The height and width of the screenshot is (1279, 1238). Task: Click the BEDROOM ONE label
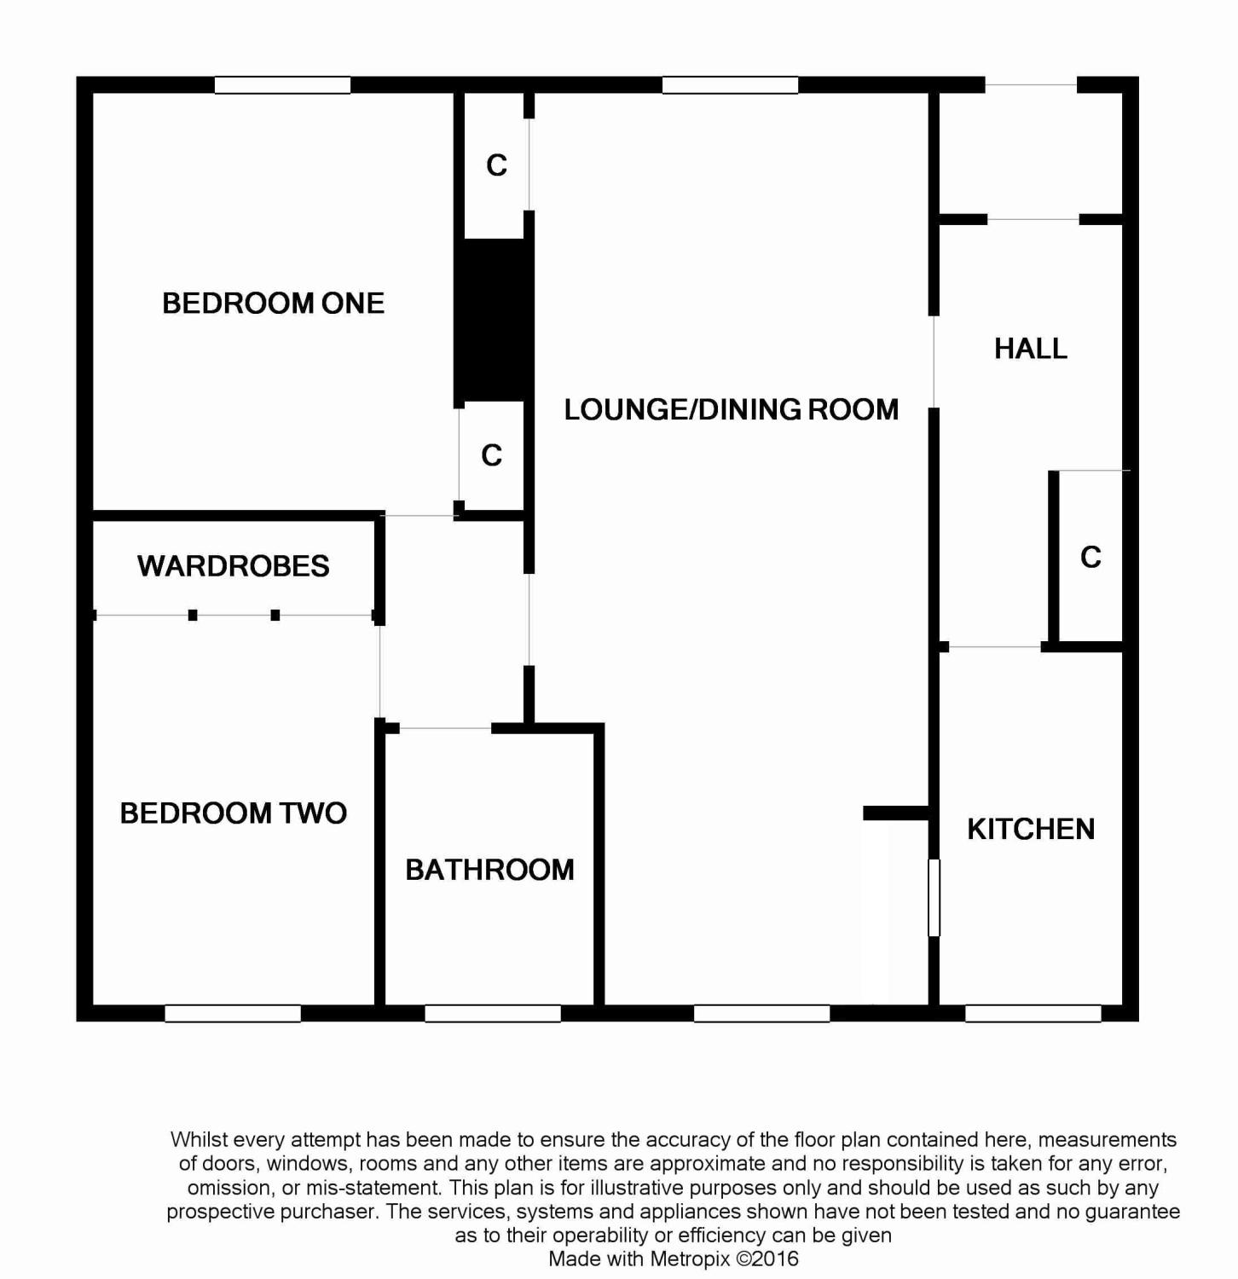pyautogui.click(x=273, y=303)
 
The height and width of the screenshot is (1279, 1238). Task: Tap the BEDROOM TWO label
pyautogui.click(x=233, y=813)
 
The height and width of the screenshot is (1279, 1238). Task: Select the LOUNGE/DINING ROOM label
pyautogui.click(x=731, y=409)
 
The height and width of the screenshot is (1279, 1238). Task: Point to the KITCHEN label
pyautogui.click(x=1031, y=829)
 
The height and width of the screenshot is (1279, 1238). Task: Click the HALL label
pyautogui.click(x=1031, y=348)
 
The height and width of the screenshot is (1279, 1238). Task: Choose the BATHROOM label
pyautogui.click(x=489, y=870)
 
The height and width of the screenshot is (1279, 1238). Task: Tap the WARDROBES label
pyautogui.click(x=233, y=566)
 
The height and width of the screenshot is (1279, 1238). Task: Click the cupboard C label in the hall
pyautogui.click(x=1090, y=557)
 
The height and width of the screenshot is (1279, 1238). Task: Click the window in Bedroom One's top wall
pyautogui.click(x=282, y=84)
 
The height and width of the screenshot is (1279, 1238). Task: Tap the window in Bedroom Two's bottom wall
pyautogui.click(x=233, y=1013)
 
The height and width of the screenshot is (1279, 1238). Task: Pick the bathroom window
pyautogui.click(x=493, y=1013)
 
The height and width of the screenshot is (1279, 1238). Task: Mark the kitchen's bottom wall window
pyautogui.click(x=1033, y=1013)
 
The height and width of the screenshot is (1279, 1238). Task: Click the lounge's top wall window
pyautogui.click(x=731, y=84)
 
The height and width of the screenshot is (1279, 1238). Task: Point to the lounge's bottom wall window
pyautogui.click(x=762, y=1013)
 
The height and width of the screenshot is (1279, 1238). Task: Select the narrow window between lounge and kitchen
pyautogui.click(x=934, y=898)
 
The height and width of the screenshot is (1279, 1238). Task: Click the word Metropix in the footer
pyautogui.click(x=690, y=1259)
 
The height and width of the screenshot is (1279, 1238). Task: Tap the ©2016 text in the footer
pyautogui.click(x=767, y=1259)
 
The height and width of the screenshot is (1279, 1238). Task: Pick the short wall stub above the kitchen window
pyautogui.click(x=896, y=813)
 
